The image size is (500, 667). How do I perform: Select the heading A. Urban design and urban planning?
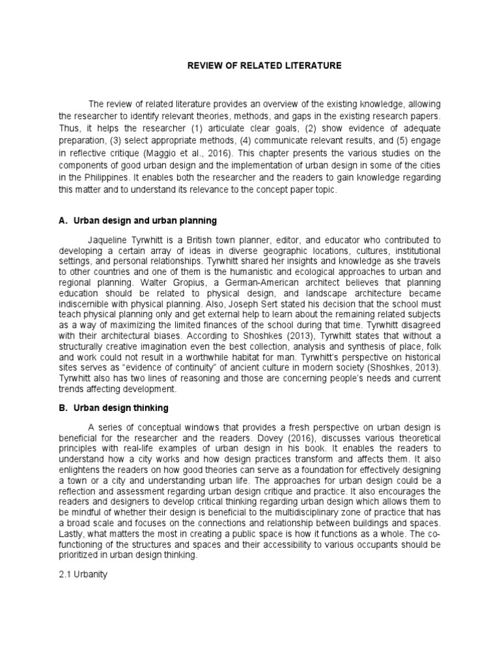[x=139, y=221]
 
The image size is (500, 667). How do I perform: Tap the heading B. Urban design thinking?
[x=115, y=408]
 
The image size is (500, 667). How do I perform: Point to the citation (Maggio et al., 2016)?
[x=196, y=156]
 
